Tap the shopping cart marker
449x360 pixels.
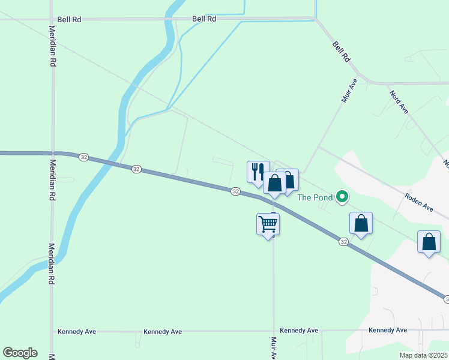pyautogui.click(x=268, y=224)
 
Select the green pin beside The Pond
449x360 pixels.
pyautogui.click(x=343, y=197)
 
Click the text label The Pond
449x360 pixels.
pyautogui.click(x=313, y=197)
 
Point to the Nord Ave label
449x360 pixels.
pyautogui.click(x=399, y=102)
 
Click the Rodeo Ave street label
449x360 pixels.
pyautogui.click(x=419, y=202)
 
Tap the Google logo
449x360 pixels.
pyautogui.click(x=20, y=353)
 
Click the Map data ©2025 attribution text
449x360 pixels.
pyautogui.click(x=423, y=355)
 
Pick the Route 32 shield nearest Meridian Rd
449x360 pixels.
pyautogui.click(x=83, y=157)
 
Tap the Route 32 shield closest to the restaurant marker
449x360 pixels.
pyautogui.click(x=236, y=191)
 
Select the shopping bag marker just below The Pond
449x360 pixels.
pyautogui.click(x=361, y=224)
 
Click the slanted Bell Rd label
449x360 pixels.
pyautogui.click(x=341, y=51)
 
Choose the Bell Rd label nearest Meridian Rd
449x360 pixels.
pyautogui.click(x=69, y=20)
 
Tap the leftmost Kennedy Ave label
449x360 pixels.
pyautogui.click(x=77, y=332)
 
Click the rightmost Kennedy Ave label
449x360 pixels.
pyautogui.click(x=388, y=331)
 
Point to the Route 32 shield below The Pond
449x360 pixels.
pyautogui.click(x=343, y=241)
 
